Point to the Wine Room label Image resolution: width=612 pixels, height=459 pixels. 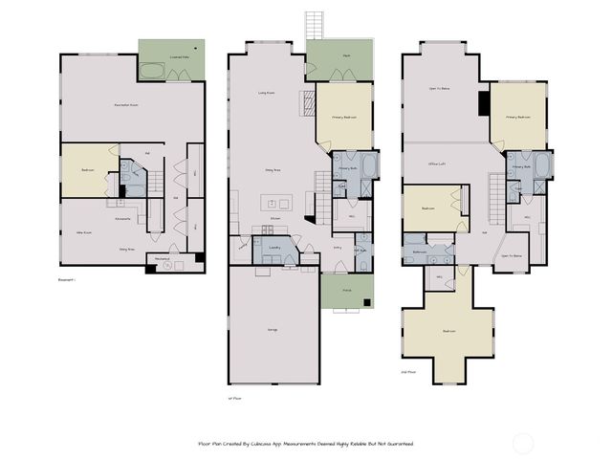[83, 232]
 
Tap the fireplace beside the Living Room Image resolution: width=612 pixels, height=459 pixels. [308, 101]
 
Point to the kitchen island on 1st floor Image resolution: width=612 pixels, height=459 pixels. [278, 204]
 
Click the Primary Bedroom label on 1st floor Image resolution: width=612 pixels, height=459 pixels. [344, 118]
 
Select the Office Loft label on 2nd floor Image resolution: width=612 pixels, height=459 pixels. [439, 164]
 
